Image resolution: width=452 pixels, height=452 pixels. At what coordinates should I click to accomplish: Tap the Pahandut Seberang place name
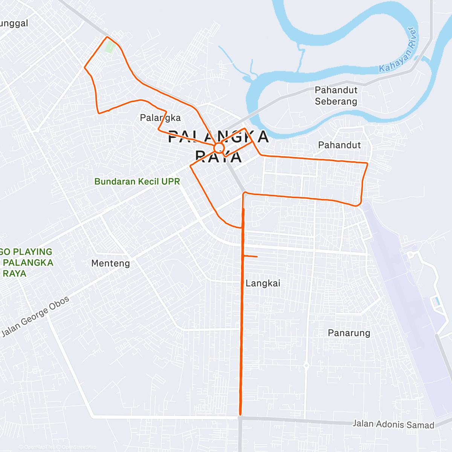click(x=336, y=96)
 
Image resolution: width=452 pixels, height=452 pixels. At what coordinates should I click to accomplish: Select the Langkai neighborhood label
click(x=263, y=283)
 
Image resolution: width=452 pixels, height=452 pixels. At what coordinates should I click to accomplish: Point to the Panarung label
click(x=349, y=333)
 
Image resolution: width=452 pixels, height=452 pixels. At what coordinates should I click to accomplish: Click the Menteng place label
click(x=110, y=263)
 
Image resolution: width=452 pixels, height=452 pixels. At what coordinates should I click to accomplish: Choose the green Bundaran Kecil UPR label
click(x=137, y=182)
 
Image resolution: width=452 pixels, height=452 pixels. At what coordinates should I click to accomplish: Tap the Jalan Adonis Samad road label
click(x=393, y=425)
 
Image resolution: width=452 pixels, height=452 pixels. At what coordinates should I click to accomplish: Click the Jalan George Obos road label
click(x=35, y=316)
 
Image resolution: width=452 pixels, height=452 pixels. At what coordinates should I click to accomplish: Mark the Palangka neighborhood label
click(x=160, y=118)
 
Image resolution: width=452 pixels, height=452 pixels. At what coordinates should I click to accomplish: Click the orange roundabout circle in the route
click(x=219, y=147)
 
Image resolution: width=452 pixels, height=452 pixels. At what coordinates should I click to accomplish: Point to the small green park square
click(x=110, y=47)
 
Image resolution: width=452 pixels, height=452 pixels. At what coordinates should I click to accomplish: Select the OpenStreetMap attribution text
click(x=79, y=447)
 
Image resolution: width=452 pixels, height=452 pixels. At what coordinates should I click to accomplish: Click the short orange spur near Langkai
click(x=250, y=257)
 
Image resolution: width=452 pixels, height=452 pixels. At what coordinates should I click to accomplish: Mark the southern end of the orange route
click(x=240, y=415)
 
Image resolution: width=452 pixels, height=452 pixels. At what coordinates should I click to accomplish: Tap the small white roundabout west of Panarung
click(x=306, y=365)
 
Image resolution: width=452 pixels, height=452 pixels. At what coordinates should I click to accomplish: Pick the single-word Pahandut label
click(x=339, y=145)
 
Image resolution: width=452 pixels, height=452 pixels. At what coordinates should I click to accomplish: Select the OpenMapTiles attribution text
click(x=40, y=447)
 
